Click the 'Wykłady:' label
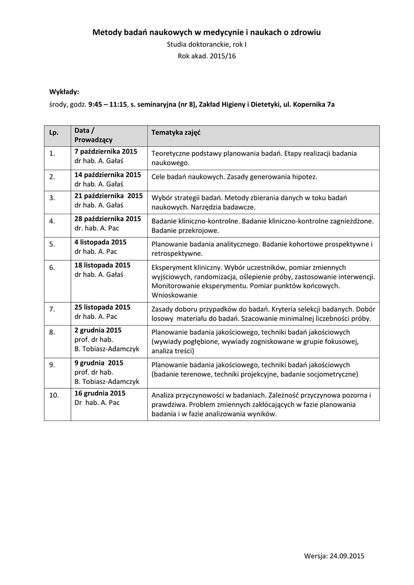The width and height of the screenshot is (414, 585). click(64, 91)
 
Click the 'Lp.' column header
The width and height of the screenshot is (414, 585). click(54, 133)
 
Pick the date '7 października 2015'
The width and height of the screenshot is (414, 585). click(106, 151)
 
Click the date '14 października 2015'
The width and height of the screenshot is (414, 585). click(108, 174)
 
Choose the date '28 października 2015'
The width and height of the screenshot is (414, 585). click(108, 219)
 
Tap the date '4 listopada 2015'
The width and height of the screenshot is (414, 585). click(101, 242)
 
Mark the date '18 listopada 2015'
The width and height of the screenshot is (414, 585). click(103, 265)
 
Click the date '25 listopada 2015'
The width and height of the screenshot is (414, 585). click(103, 307)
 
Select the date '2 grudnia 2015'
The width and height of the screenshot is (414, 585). click(98, 330)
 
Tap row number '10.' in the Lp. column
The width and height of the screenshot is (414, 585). click(54, 395)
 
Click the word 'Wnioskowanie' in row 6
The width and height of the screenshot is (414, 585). click(174, 295)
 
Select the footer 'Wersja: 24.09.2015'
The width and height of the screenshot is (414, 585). click(334, 555)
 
